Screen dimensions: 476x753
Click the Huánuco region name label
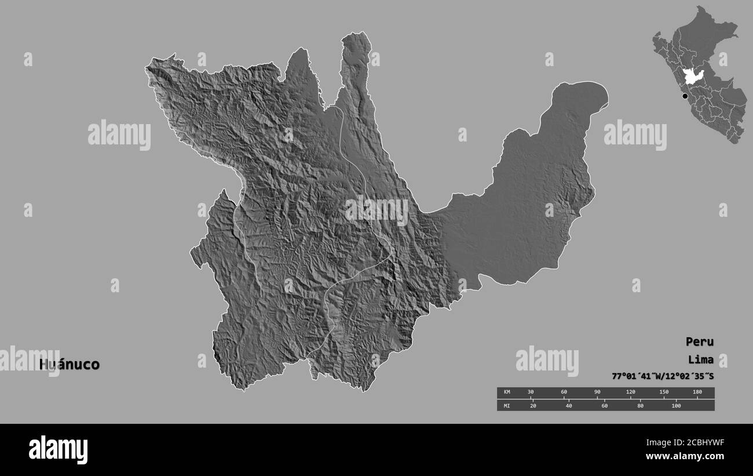point(70,365)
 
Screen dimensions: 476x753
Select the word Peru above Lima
point(700,341)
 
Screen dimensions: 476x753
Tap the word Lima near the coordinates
point(701,359)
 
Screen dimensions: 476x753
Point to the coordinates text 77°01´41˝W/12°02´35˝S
point(663,376)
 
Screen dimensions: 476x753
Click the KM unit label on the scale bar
point(507,393)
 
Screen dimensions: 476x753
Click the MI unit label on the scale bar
point(507,405)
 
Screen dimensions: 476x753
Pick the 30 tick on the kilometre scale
point(530,393)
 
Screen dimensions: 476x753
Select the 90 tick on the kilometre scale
point(597,393)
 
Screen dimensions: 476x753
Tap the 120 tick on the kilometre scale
point(630,393)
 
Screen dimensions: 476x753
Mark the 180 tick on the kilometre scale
point(697,393)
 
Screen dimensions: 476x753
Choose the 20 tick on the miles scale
point(533,405)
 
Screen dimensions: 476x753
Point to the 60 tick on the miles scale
point(605,405)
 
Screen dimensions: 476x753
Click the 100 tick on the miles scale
point(675,405)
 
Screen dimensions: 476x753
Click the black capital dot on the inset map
point(685,96)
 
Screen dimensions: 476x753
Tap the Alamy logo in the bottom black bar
point(58,450)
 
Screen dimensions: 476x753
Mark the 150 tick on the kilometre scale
point(664,393)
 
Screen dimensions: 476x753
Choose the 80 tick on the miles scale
point(640,405)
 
